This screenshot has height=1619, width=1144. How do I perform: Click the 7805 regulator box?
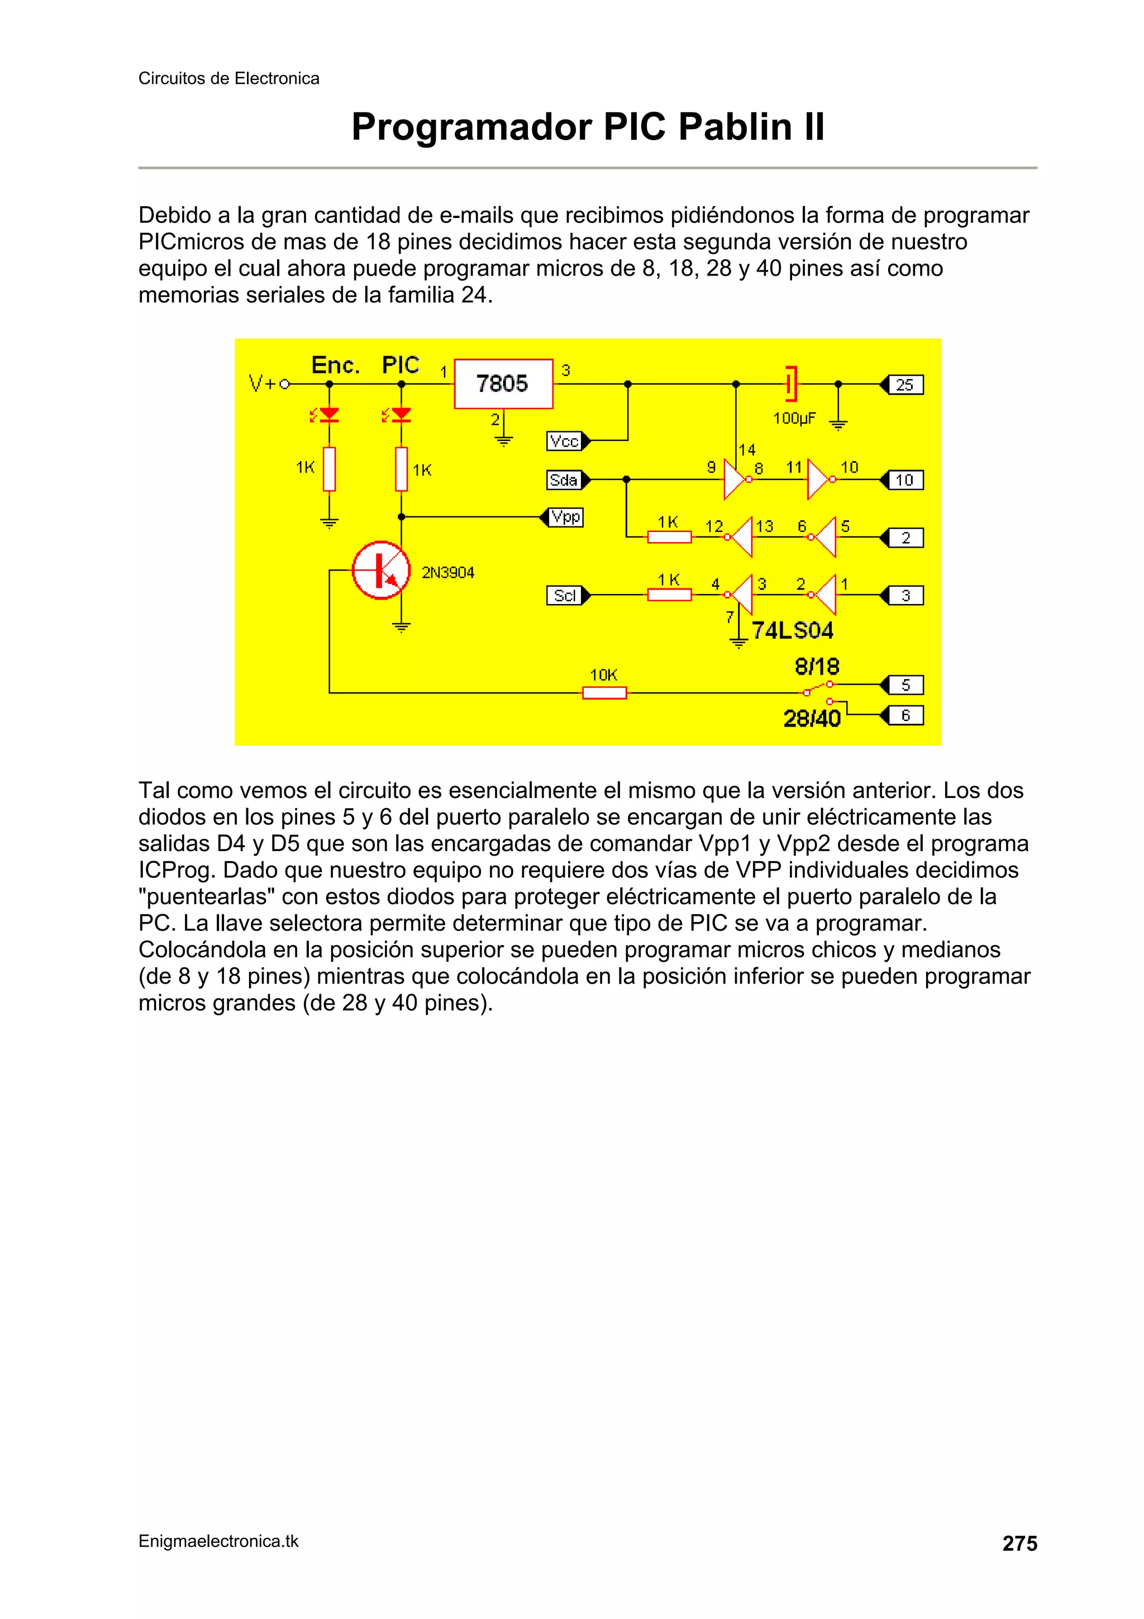click(503, 383)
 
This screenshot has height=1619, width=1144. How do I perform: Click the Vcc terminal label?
click(564, 441)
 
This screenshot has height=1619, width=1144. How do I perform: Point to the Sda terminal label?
click(564, 480)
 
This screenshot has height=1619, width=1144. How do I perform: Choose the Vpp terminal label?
click(566, 517)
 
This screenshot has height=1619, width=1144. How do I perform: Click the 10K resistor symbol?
click(604, 693)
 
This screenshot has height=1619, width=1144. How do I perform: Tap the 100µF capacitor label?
click(794, 418)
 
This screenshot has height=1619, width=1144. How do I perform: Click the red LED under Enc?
click(328, 415)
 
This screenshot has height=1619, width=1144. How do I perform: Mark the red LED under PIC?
click(401, 415)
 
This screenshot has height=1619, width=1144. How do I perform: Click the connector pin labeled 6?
click(905, 716)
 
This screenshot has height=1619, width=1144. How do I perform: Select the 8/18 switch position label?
click(817, 666)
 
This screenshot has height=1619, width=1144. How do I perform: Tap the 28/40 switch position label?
click(812, 719)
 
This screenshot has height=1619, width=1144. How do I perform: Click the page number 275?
click(1019, 1544)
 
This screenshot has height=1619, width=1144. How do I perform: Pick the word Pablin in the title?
click(732, 127)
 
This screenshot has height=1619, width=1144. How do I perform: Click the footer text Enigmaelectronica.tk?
click(218, 1541)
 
